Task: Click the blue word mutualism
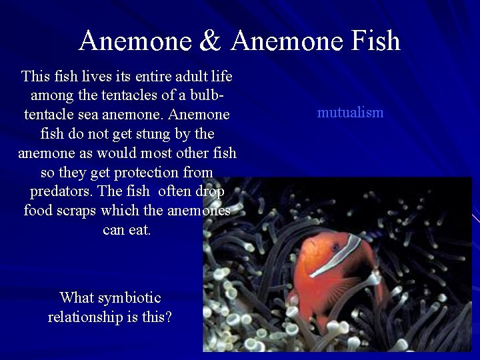coord(350,112)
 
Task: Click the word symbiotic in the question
coord(129,297)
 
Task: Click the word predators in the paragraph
coord(61,191)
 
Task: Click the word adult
coord(186,76)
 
